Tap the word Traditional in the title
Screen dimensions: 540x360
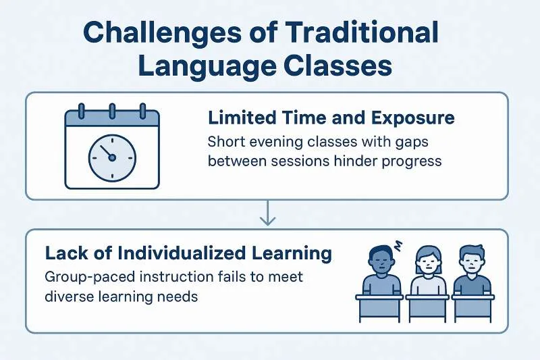point(362,32)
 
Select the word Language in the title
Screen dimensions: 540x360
point(207,66)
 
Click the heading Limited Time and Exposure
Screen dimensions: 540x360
point(331,118)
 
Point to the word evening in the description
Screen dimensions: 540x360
point(275,142)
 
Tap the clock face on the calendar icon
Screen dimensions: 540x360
point(112,158)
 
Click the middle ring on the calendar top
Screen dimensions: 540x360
point(112,111)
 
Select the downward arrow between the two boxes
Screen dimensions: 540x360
point(267,213)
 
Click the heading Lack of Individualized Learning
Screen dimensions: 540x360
point(188,253)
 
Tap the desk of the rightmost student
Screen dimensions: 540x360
point(473,308)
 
